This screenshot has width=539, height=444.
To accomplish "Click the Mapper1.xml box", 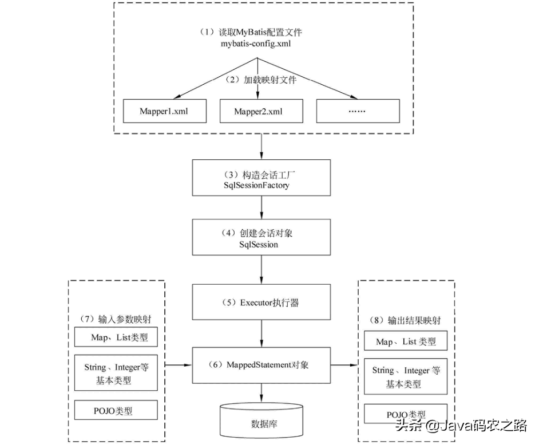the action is click(x=165, y=111).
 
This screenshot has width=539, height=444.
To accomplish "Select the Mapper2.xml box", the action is click(x=261, y=111).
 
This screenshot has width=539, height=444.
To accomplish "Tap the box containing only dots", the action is click(x=358, y=111).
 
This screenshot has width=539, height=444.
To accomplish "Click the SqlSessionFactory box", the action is click(x=261, y=178).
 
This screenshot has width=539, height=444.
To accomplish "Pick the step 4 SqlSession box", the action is click(x=261, y=237).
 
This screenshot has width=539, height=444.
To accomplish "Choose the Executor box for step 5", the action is click(x=261, y=302).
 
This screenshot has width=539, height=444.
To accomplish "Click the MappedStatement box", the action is click(x=261, y=365).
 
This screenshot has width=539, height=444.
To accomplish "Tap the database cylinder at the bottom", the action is click(x=261, y=420).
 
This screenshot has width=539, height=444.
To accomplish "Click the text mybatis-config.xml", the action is click(x=256, y=44).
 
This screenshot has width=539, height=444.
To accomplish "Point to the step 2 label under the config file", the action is click(x=260, y=80).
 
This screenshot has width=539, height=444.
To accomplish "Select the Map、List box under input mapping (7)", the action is click(x=116, y=337).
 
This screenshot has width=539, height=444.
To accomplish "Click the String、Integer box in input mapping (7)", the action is click(x=116, y=373).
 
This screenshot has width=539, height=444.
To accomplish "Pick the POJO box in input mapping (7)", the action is click(x=116, y=410).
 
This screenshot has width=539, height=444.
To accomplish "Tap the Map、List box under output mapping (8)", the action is click(x=406, y=341).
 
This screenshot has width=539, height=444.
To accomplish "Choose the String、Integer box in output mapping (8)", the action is click(x=406, y=376).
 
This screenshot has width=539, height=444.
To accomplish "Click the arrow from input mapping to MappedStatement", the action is click(x=179, y=365).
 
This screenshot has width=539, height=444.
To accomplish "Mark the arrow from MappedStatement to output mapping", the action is click(x=344, y=365).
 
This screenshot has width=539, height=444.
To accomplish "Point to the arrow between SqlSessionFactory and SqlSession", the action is click(x=261, y=207).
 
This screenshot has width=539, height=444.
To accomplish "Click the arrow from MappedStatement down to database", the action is click(x=261, y=392).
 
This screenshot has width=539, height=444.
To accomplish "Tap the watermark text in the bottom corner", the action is click(x=461, y=426).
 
